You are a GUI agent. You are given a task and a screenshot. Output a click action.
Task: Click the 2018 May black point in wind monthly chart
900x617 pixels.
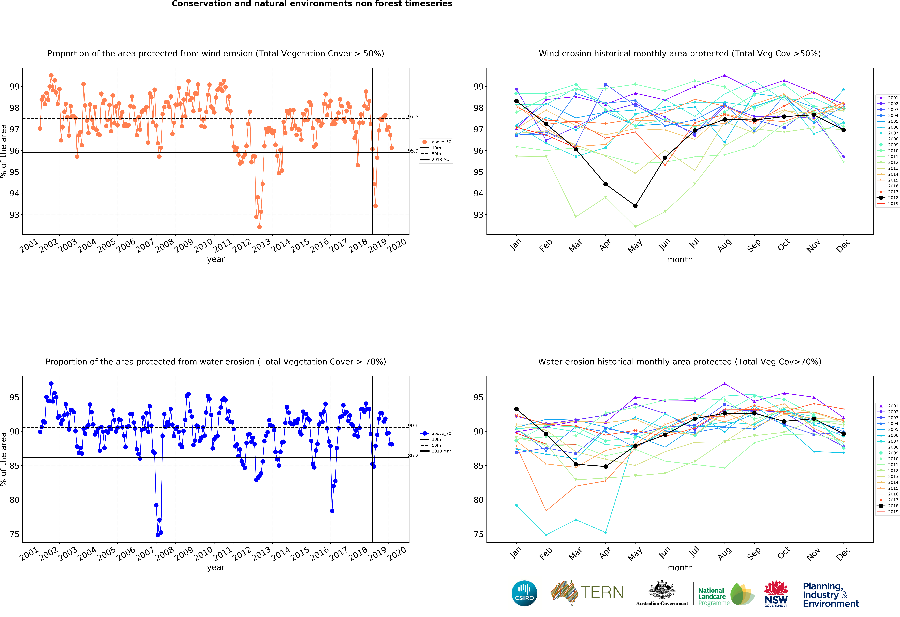[635, 206]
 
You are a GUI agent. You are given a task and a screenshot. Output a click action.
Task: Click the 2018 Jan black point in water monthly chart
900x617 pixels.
[516, 409]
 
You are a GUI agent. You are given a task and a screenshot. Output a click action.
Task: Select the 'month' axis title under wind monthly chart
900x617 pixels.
[680, 259]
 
